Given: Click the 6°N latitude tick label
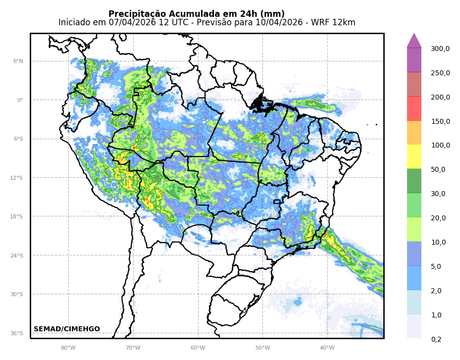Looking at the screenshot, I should [x=18, y=61].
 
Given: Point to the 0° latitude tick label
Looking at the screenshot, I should [x=20, y=100].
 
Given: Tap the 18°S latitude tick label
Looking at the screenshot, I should [x=17, y=217].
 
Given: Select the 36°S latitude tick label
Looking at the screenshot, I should [x=17, y=334].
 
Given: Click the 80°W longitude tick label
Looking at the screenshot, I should [x=68, y=348].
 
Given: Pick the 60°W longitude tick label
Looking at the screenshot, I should [x=198, y=348].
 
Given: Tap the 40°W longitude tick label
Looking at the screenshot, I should [x=327, y=348].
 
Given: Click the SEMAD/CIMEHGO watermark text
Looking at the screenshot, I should [x=67, y=329].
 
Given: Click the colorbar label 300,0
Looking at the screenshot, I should [x=440, y=49].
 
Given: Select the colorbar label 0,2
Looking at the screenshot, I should [x=436, y=339].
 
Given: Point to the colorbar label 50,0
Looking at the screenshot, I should [x=438, y=169].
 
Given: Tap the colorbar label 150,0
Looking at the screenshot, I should [x=440, y=121].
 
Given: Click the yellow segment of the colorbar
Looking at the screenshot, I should [x=414, y=156].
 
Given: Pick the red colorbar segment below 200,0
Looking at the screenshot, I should [x=414, y=108].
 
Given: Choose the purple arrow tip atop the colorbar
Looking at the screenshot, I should [x=414, y=41].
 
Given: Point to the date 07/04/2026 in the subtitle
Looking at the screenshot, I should [x=132, y=23].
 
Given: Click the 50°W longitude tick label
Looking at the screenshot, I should [x=262, y=348].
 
